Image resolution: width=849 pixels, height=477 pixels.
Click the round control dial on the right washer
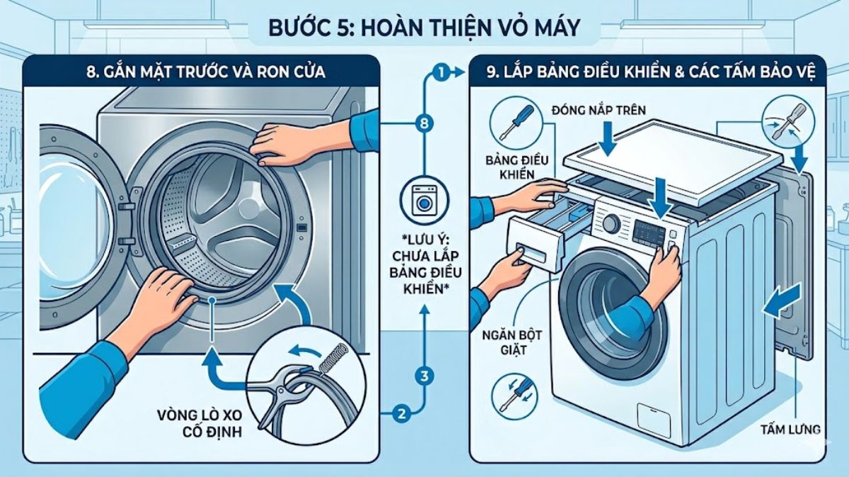pyautogui.click(x=610, y=224)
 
